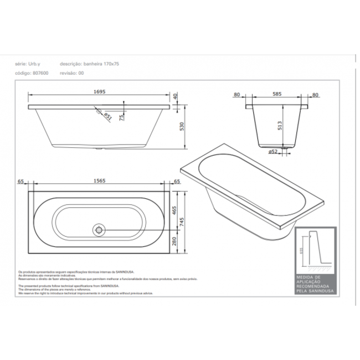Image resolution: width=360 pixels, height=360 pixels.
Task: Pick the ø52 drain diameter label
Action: coord(273,151)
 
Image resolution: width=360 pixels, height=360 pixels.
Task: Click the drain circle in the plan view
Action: coord(99,228)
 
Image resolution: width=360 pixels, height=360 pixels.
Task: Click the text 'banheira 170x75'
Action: coord(104,64)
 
